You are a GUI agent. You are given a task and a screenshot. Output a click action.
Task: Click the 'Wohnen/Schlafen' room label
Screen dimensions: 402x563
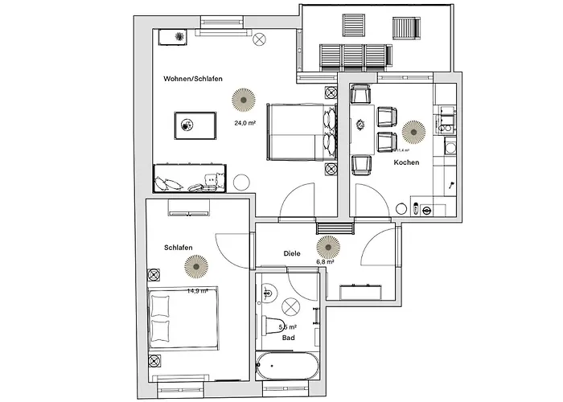click(x=192, y=79)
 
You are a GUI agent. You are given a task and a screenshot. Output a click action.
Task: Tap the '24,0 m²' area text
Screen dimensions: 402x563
click(x=245, y=123)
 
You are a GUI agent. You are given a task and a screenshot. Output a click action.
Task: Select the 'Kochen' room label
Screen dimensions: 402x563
click(x=405, y=162)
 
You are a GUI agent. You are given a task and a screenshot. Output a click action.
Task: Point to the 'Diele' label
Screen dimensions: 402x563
click(x=292, y=253)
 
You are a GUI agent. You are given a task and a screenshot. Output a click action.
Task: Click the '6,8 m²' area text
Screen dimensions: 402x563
click(x=325, y=261)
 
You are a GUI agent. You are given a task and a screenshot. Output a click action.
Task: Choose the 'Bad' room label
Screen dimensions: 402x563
click(x=288, y=338)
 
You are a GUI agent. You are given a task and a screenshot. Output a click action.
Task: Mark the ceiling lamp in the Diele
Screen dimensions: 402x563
click(x=328, y=244)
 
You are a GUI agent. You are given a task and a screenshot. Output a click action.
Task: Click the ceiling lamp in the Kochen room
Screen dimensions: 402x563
click(x=413, y=130)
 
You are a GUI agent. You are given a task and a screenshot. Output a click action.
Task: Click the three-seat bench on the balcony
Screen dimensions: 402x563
click(x=353, y=56)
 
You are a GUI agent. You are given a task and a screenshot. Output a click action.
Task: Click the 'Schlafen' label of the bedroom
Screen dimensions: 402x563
click(x=178, y=248)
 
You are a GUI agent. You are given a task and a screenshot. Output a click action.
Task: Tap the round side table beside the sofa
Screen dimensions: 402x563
click(x=240, y=181)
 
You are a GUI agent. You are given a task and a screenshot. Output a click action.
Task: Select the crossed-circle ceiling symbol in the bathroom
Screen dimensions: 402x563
click(x=291, y=307)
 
